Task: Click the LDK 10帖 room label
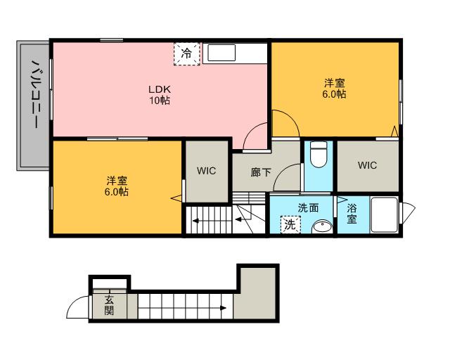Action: point(160,95)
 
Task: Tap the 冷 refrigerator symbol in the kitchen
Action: point(186,53)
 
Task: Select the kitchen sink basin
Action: point(221,53)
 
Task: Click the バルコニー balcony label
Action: point(36,94)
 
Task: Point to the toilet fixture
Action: point(319,155)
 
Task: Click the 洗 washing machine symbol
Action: point(290,224)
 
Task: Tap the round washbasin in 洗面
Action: point(322,227)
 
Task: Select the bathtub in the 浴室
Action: point(385,214)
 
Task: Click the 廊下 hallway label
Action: point(261,172)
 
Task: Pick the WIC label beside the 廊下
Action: point(206,171)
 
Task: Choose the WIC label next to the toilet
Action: point(367,165)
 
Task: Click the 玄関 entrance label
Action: point(109,305)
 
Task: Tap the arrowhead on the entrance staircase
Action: point(223,309)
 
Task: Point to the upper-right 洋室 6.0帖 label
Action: point(334,89)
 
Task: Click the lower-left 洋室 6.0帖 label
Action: point(117,186)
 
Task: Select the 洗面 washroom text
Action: point(308,208)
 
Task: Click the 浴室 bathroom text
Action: point(352,214)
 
